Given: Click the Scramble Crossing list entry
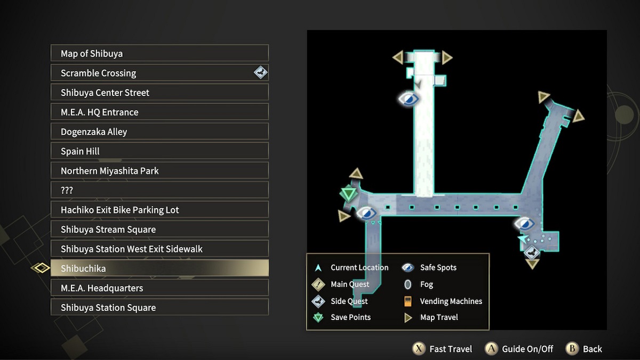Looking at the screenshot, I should point(159,73).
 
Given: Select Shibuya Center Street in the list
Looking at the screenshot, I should point(159,93).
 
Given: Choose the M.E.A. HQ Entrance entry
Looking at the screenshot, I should point(159,112).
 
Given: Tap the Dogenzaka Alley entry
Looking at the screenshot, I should point(159,132).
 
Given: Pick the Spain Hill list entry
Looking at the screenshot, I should point(159,151).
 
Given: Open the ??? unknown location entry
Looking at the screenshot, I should point(159,190).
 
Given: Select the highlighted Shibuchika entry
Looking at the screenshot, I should point(159,268).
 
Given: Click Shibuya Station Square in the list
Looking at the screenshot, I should point(159,308).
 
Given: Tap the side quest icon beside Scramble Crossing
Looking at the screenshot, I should point(260,72).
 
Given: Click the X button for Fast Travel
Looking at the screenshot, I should point(419,349).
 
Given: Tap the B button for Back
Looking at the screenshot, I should point(572,349).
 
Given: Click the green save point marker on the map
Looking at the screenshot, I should point(348,194).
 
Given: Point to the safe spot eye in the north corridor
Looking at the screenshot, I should point(409,99).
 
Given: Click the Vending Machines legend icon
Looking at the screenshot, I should point(408,301).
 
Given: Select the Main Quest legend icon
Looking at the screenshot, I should point(318,284).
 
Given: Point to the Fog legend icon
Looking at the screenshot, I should point(408,285).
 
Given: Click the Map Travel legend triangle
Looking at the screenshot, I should point(409,318).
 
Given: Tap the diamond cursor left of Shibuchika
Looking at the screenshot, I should point(41,268).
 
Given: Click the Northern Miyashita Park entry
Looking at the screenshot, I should point(159,171).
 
